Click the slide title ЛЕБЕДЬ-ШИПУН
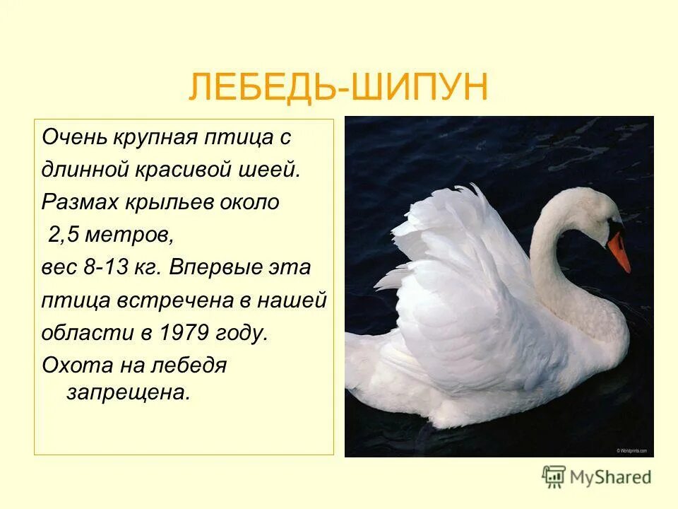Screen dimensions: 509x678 point(338,88)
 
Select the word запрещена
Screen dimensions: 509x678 point(129,393)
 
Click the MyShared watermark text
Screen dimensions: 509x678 point(611,478)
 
